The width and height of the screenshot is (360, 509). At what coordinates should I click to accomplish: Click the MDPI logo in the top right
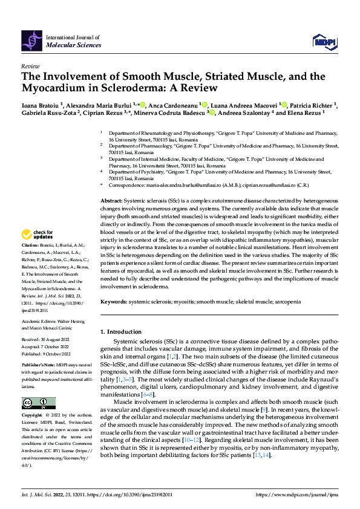[x=324, y=41]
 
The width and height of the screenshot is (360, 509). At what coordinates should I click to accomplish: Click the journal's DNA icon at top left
[x=32, y=41]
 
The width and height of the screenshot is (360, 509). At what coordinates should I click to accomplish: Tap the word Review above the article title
[x=30, y=66]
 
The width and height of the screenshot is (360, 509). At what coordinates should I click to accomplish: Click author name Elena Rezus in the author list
[x=307, y=112]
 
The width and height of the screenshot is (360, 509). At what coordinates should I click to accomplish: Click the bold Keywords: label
[x=114, y=300]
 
